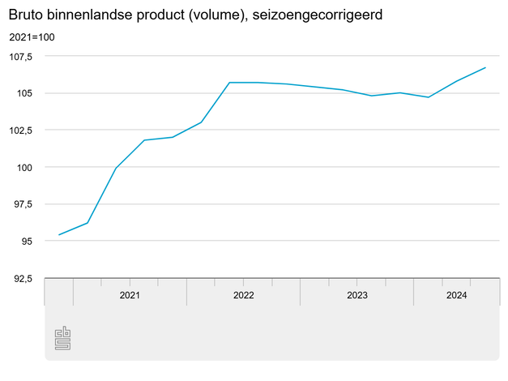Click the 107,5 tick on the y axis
(x=21, y=56)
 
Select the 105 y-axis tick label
(x=24, y=93)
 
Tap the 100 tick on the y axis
(x=24, y=167)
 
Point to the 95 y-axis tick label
(x=27, y=242)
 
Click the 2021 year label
(x=130, y=295)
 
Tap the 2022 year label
(x=243, y=295)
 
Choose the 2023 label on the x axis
(x=356, y=295)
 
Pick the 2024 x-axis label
(x=456, y=295)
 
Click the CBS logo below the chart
(x=62, y=338)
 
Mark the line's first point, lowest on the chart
(x=59, y=235)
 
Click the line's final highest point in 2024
(x=485, y=67)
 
